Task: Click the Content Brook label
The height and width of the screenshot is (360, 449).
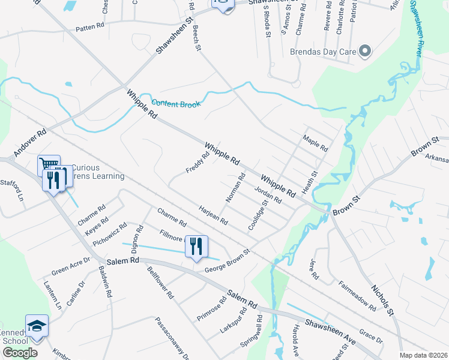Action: tap(176, 103)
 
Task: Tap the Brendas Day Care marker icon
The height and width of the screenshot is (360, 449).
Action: tap(364, 51)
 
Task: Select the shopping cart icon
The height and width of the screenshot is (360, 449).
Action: tap(49, 164)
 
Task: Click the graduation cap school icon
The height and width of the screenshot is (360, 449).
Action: tap(37, 326)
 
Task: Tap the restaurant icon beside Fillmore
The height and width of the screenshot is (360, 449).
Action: tap(196, 246)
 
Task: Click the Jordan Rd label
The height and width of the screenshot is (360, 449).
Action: tap(268, 196)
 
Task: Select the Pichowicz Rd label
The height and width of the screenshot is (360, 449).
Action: tap(110, 235)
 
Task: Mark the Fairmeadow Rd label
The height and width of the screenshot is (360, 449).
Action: tap(357, 296)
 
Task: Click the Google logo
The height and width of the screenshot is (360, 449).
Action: tap(20, 352)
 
